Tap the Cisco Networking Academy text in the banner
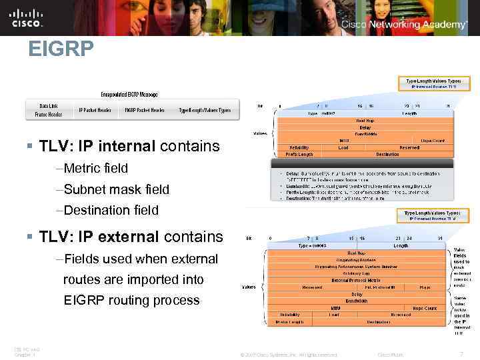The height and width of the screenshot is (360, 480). click(x=404, y=24)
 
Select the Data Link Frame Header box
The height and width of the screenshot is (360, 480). click(x=48, y=110)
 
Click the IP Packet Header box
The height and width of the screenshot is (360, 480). click(x=94, y=110)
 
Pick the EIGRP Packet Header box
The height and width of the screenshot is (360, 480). click(x=144, y=110)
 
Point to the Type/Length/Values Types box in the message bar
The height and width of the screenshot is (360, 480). click(x=205, y=110)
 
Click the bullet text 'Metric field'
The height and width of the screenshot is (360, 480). click(x=95, y=168)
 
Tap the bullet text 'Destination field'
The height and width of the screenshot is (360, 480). click(x=111, y=210)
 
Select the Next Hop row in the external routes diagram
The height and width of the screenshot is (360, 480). click(x=356, y=253)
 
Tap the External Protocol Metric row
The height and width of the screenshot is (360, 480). click(x=356, y=281)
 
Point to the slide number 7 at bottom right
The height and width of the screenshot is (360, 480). click(x=470, y=353)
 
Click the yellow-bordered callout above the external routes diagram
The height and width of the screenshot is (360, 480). click(x=433, y=215)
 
